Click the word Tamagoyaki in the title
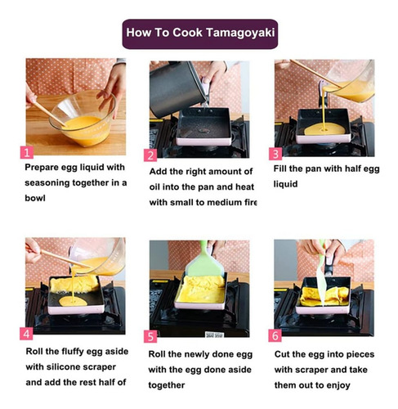tap(239, 33)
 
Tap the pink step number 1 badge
tap(27, 152)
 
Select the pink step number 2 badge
tap(150, 155)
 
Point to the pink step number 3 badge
tap(275, 154)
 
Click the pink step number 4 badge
tap(26, 334)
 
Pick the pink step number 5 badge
tap(150, 336)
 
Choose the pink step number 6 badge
tap(275, 335)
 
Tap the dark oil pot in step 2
tap(177, 88)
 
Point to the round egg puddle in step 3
tap(324, 129)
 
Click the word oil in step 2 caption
tap(154, 187)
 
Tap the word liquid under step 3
tap(285, 184)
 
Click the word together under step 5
tap(167, 385)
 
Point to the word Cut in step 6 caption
tap(282, 354)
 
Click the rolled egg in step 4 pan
tap(74, 284)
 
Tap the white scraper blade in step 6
tap(320, 286)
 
